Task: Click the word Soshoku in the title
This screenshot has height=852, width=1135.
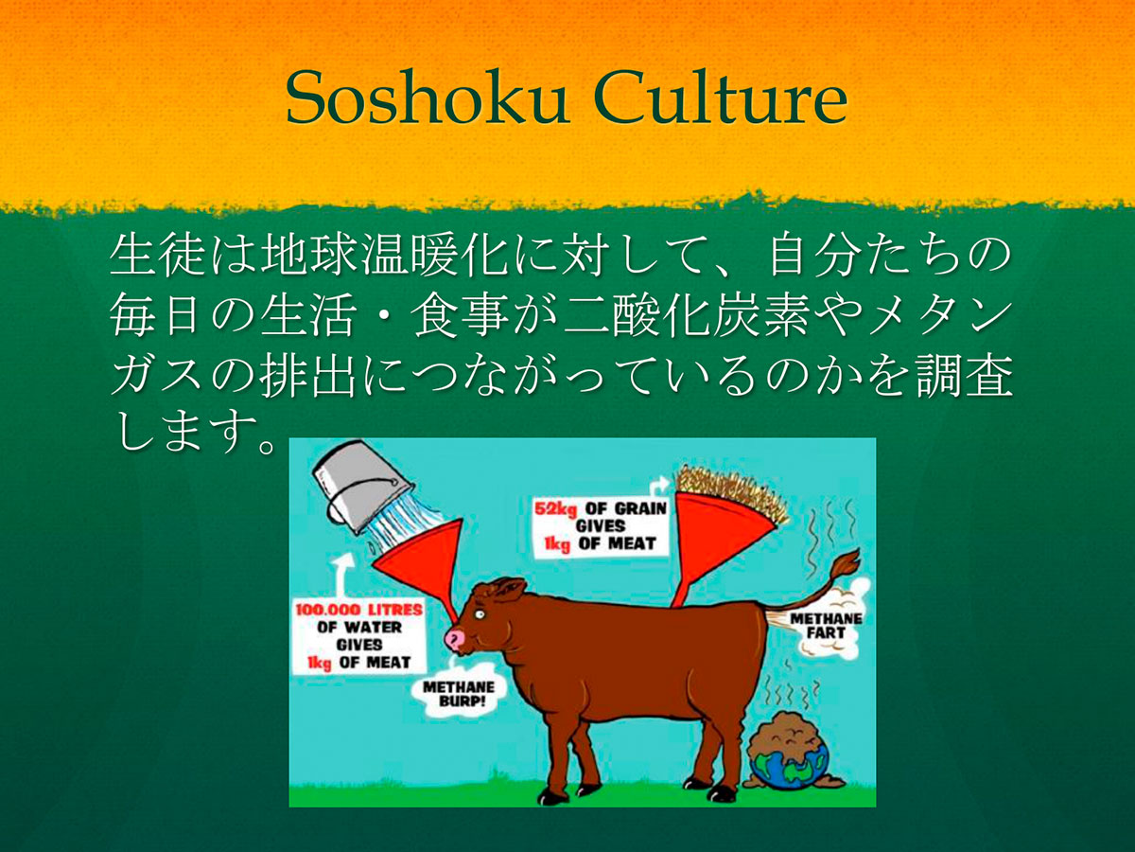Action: [x=427, y=98]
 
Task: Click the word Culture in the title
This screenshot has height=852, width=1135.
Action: [x=721, y=98]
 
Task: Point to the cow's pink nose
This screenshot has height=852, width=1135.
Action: [x=456, y=641]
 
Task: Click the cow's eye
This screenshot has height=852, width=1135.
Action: [x=480, y=614]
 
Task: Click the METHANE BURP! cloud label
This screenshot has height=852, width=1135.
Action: [x=459, y=694]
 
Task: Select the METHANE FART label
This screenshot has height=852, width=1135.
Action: [x=826, y=626]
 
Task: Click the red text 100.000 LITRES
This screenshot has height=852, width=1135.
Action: [x=358, y=610]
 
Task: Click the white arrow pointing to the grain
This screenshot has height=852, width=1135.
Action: [x=657, y=487]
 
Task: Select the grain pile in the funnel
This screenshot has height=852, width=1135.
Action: [x=732, y=491]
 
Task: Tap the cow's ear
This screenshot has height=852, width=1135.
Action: [x=509, y=589]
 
